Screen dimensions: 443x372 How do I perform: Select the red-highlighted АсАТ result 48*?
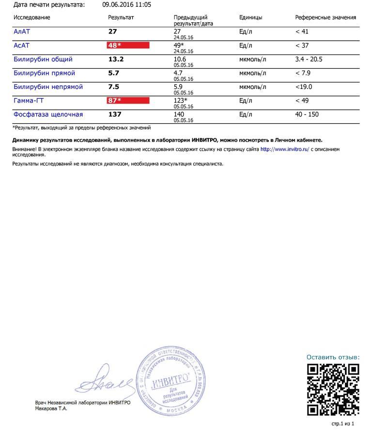[128, 45]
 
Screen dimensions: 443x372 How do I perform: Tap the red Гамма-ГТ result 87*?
[128, 101]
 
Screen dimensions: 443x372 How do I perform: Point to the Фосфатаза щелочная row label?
[48, 115]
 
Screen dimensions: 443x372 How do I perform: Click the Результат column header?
[121, 17]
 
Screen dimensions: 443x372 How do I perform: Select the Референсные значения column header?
[325, 17]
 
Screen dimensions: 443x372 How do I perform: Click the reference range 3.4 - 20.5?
[309, 59]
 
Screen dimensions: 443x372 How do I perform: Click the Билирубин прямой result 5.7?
[114, 73]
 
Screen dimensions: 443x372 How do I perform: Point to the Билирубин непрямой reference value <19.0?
[304, 87]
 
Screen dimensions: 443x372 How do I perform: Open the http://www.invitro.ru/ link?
[284, 149]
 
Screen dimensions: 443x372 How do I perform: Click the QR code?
[333, 389]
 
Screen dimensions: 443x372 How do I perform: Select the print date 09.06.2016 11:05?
[127, 5]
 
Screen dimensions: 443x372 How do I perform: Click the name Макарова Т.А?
[51, 409]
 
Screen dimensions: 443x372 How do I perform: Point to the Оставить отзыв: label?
[333, 357]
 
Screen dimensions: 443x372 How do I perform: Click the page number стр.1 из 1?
[342, 424]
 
